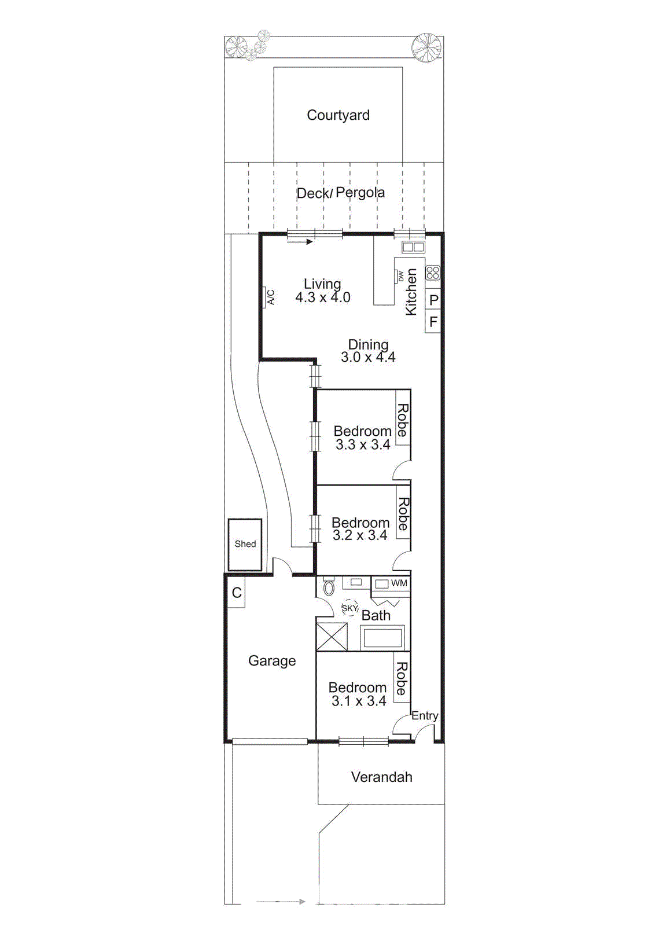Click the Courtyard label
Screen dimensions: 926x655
click(x=338, y=115)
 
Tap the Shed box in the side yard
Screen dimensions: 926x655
click(x=245, y=544)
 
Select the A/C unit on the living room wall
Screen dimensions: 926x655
click(x=270, y=297)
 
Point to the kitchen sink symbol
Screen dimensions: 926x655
click(x=413, y=247)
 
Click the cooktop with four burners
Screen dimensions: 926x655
click(x=433, y=273)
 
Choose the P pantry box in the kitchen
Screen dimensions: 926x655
click(x=433, y=300)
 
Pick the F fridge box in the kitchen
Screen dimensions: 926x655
click(x=433, y=321)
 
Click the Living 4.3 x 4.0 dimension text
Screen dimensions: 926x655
click(x=322, y=291)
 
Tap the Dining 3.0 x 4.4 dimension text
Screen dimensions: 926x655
click(x=368, y=351)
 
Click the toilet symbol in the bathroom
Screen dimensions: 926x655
click(x=329, y=587)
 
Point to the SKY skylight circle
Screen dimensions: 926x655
click(x=349, y=608)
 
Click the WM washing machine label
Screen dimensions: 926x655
click(x=399, y=583)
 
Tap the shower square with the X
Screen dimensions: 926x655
click(x=332, y=637)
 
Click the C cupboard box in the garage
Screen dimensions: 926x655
click(x=237, y=593)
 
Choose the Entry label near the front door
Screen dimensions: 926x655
click(x=425, y=716)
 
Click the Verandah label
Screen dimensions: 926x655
click(x=381, y=777)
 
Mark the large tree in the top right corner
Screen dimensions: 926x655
click(x=426, y=47)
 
